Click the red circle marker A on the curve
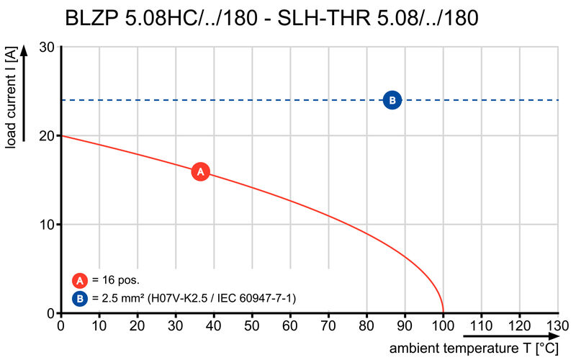pos(201,172)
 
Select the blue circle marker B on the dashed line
pos(392,100)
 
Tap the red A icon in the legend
pos(80,281)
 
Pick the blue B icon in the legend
pos(80,298)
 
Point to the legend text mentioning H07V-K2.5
pos(194,298)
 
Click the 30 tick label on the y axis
pos(47,47)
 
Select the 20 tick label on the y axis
pos(47,135)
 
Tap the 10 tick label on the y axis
pos(47,225)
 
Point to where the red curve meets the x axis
pos(443,312)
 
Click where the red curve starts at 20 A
pos(62,135)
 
